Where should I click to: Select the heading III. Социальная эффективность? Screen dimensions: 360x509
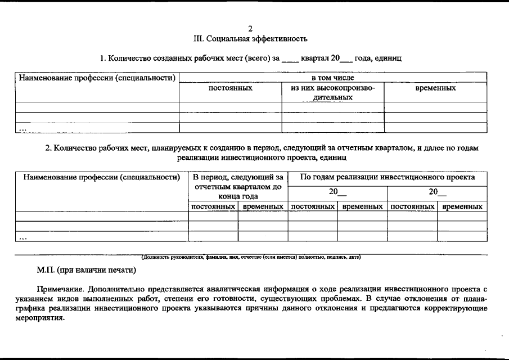tap(250, 39)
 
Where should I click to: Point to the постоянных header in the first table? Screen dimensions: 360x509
tap(230, 88)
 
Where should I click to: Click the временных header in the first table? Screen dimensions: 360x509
tap(435, 88)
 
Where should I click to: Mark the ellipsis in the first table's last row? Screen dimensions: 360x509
tap(23, 128)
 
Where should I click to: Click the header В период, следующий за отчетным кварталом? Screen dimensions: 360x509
tap(238, 187)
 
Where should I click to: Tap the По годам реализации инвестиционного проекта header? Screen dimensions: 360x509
tap(388, 177)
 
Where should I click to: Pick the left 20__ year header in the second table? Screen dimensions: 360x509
tap(337, 192)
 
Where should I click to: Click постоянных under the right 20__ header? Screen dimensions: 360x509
tap(412, 207)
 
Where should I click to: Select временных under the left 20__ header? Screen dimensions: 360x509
tap(362, 207)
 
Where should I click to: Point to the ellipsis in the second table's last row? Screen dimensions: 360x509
tap(23, 237)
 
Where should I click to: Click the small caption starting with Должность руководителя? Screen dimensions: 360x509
tap(251, 257)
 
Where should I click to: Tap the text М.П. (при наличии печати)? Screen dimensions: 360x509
tap(87, 270)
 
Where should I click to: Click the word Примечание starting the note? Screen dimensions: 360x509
tap(60, 289)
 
